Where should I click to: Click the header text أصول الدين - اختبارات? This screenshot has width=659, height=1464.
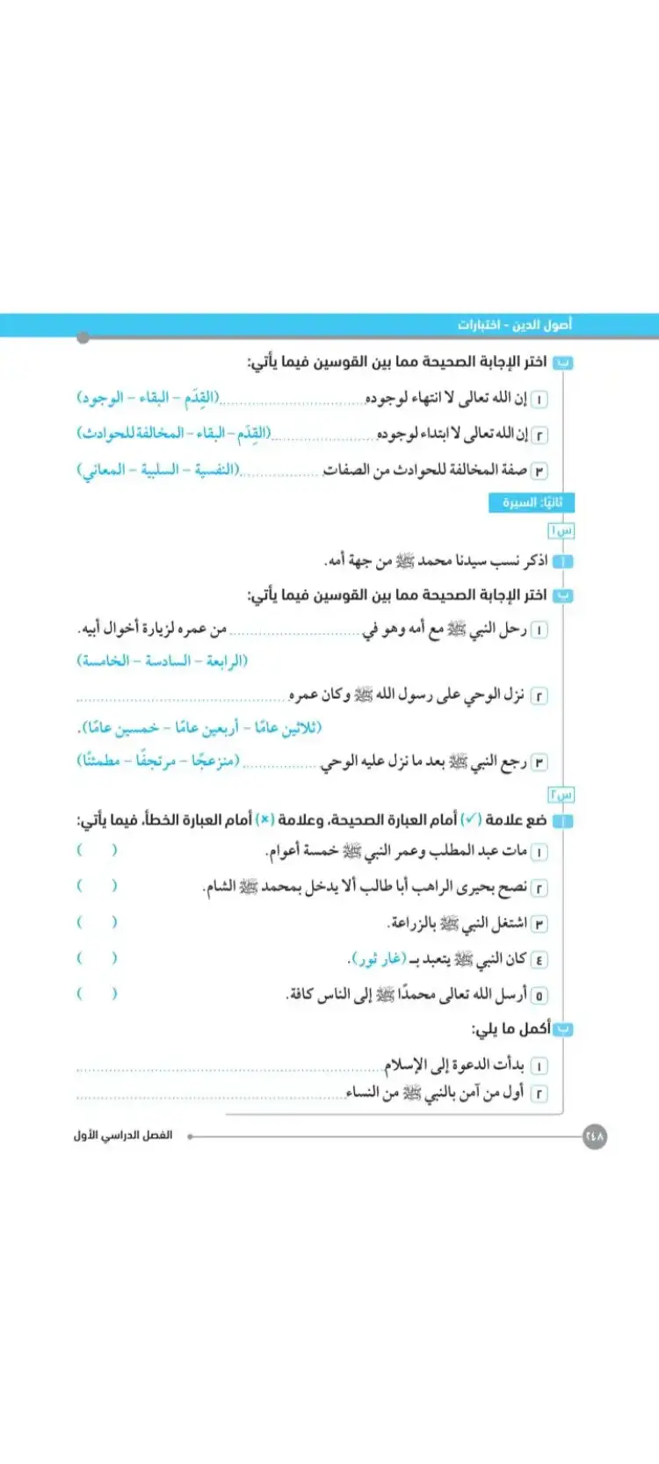coord(514,325)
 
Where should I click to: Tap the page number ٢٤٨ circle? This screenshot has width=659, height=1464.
coord(595,1136)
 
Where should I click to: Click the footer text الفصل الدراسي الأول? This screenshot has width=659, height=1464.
coord(123,1136)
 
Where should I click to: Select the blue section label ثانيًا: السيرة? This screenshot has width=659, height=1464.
coord(532,502)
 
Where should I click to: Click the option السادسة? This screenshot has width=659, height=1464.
coord(168,660)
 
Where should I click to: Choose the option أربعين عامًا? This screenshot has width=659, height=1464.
coord(206,728)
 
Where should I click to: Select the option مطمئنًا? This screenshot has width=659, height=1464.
coord(101,761)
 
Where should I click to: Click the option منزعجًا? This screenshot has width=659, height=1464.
coord(214,761)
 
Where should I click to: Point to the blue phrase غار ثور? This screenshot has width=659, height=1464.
coord(378,959)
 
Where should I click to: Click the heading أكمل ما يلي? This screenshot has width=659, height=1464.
coord(511,1028)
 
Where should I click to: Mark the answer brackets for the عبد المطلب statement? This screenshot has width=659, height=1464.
coord(97,850)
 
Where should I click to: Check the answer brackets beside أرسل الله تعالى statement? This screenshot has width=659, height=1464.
coord(97,994)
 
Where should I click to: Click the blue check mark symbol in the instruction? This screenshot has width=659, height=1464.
coord(472,819)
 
